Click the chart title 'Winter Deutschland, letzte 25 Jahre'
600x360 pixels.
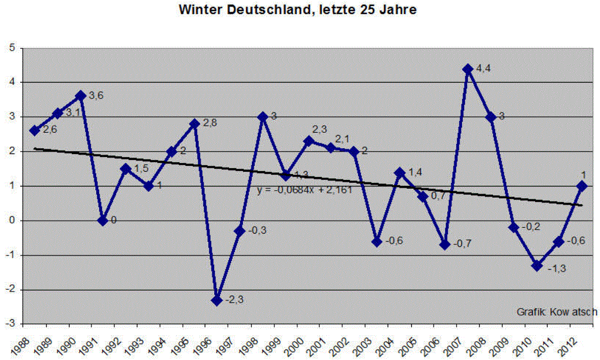point(299,11)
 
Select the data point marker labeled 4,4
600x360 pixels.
point(468,69)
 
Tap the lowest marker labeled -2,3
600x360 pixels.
point(217,300)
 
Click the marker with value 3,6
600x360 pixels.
point(81,96)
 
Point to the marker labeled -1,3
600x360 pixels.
point(536,266)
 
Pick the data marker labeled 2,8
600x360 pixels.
point(195,124)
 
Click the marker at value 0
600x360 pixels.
point(103,220)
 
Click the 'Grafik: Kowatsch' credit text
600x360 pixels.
point(557,312)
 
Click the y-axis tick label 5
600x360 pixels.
point(12,48)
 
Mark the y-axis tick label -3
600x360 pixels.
point(10,324)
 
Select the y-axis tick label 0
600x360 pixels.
point(12,221)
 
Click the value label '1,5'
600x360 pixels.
point(141,169)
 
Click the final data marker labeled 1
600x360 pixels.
point(582,186)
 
